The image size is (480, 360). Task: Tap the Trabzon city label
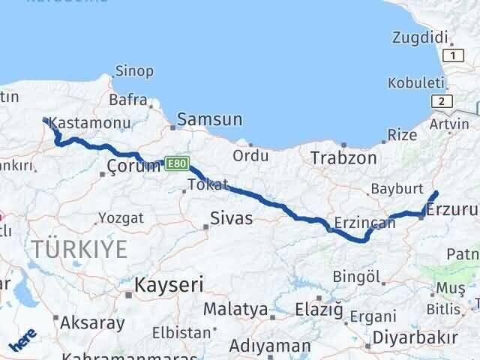coord(343,158)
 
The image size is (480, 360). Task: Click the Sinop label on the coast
coord(134,71)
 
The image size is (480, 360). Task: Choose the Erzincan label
coord(364,223)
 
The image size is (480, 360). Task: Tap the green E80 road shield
coord(175,163)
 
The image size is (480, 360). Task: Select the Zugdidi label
coord(420,37)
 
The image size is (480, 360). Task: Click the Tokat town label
coord(208,185)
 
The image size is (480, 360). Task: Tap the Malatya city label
coord(235,308)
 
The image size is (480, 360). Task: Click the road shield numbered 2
coord(444,101)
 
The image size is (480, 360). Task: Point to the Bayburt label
coord(397,188)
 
